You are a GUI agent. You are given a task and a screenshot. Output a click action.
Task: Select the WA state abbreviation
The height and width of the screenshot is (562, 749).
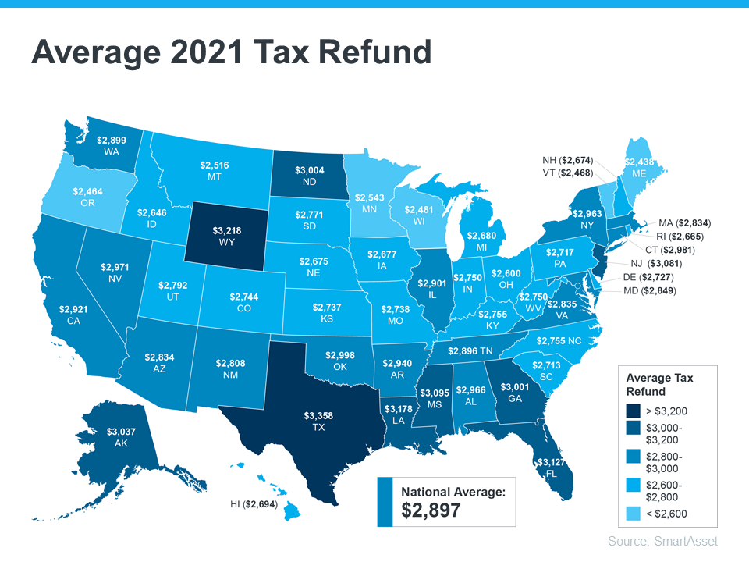click(111, 151)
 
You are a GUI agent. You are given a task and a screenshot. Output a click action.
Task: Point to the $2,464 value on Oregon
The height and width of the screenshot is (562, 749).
click(88, 190)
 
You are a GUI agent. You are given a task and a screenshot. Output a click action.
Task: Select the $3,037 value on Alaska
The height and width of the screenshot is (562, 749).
click(122, 432)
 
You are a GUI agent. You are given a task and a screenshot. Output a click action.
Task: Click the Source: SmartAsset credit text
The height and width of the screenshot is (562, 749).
click(662, 541)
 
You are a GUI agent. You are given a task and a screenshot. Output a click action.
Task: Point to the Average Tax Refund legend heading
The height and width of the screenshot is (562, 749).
click(659, 384)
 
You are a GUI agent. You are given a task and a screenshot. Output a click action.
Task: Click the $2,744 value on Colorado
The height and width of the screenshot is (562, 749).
click(244, 297)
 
